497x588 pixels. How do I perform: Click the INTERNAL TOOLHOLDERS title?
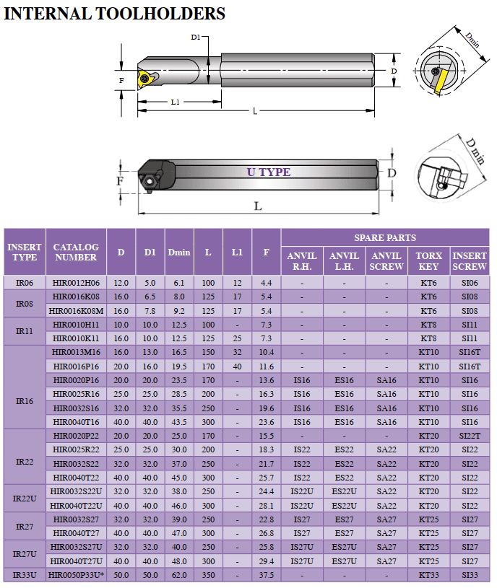tap(114, 14)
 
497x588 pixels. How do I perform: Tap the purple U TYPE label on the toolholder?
tap(269, 172)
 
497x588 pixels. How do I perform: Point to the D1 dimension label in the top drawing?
tap(196, 37)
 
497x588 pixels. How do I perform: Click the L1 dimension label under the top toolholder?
tap(176, 102)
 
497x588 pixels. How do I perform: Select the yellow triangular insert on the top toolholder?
tap(144, 79)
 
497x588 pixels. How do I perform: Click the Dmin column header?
tap(179, 253)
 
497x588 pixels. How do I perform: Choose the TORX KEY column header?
tap(428, 261)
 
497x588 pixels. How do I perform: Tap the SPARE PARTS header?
tap(385, 238)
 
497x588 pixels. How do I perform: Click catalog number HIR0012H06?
tap(76, 283)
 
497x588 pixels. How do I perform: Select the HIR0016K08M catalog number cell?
tap(76, 311)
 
